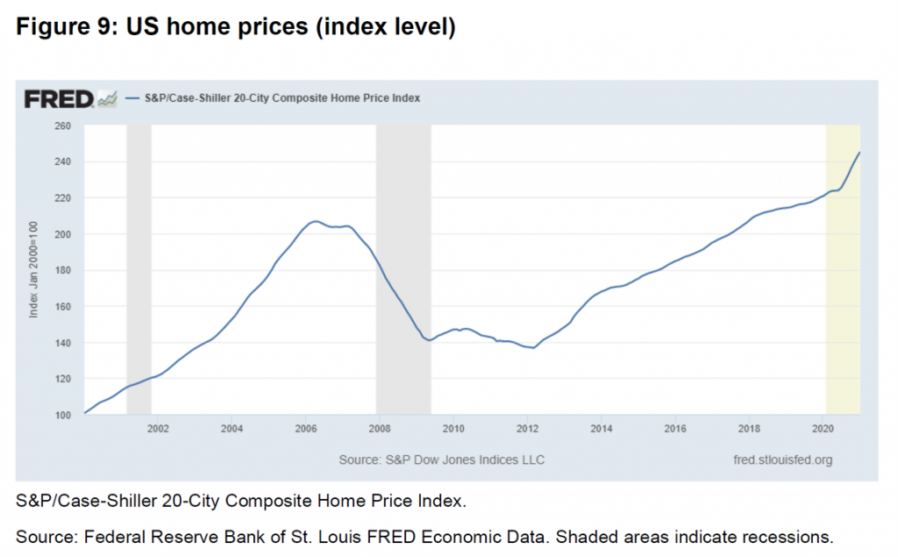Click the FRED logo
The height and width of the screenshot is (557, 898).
point(59,98)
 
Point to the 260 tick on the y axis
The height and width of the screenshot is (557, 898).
point(62,126)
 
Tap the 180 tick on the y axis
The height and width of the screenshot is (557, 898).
point(62,270)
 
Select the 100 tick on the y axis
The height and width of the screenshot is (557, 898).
point(62,414)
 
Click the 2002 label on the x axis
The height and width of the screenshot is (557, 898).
point(158,429)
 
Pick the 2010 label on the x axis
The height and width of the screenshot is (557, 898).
point(453,429)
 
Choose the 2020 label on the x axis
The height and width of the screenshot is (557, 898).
point(823,429)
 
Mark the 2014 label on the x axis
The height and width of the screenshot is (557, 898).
point(602,429)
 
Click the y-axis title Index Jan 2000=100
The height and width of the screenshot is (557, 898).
point(34,270)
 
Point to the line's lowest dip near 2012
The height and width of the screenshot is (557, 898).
point(533,348)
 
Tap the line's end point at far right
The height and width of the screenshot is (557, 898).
point(859,153)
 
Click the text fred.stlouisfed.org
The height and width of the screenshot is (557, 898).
point(782,459)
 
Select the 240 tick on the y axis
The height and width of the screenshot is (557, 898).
point(62,162)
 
